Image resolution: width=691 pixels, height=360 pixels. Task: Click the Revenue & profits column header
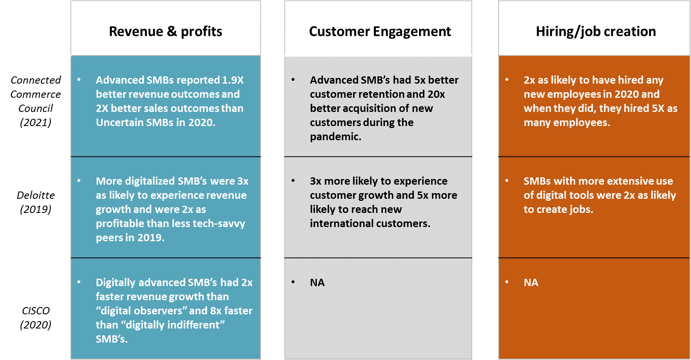coord(165,32)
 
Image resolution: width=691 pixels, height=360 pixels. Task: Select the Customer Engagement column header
coord(380,32)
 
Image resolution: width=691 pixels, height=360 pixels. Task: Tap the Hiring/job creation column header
coord(596,32)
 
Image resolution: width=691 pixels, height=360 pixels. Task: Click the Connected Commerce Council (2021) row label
coord(36,101)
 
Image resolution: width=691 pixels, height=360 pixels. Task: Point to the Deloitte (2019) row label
coord(36,202)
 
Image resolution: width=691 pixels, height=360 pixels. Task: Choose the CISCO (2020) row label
coord(36,318)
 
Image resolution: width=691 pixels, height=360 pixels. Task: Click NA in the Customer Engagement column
coord(317,282)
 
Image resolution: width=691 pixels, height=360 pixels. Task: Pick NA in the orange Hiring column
coord(531,282)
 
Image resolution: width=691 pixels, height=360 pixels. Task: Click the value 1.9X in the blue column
coord(233,80)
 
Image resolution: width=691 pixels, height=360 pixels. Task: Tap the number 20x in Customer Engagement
coord(436,94)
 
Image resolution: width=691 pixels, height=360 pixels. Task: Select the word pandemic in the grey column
coord(335,137)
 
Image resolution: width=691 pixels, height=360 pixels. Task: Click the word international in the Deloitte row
coord(344,223)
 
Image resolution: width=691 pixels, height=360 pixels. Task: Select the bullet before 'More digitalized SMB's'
coord(79,181)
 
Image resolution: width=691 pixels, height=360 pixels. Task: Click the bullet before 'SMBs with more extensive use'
coord(507,181)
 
